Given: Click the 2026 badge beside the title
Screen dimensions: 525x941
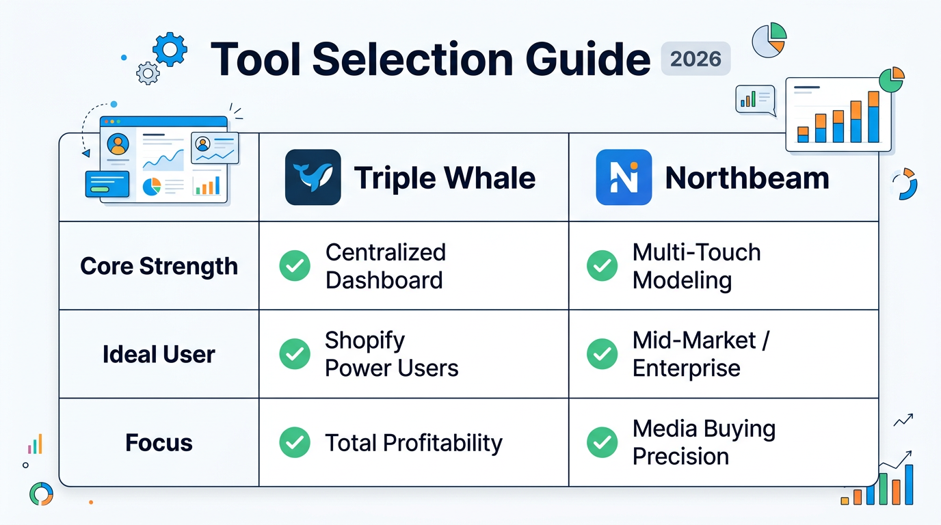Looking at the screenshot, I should [695, 59].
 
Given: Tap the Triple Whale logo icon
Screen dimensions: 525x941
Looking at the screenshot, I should [313, 178].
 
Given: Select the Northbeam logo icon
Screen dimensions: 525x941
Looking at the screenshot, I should [624, 178].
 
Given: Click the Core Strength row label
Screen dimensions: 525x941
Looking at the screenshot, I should [159, 266].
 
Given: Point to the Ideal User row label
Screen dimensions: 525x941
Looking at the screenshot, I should [159, 354].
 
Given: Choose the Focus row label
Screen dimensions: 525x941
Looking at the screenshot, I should [159, 442].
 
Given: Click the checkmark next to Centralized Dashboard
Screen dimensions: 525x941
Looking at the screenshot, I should [295, 266].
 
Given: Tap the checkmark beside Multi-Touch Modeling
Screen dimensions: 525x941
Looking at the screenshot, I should [602, 266].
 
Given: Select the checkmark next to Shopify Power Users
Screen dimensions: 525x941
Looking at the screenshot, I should [295, 354].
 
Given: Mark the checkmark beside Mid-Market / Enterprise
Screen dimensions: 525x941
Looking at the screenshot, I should [602, 354].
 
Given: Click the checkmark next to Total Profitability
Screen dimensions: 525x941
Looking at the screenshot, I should [295, 442].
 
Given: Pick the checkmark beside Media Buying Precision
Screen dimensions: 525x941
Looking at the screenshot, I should [602, 442].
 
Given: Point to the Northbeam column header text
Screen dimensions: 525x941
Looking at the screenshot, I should [747, 178].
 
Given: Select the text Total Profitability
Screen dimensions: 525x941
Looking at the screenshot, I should [414, 443].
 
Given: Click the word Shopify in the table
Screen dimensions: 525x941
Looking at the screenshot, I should [365, 340].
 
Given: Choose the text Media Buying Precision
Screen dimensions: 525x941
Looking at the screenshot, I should [704, 442].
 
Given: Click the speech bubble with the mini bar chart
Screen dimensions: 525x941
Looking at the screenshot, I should [755, 100].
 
